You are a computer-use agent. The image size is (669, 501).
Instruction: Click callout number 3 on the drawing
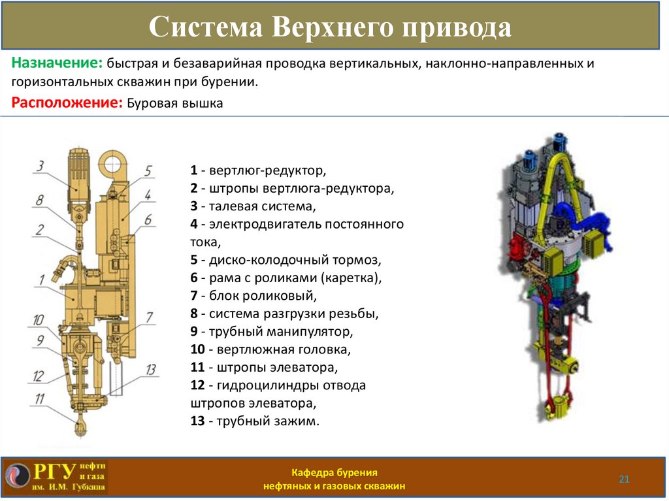pyautogui.click(x=40, y=166)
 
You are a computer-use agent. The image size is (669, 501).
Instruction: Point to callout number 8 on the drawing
pyautogui.click(x=40, y=200)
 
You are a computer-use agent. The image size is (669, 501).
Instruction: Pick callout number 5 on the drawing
pyautogui.click(x=148, y=171)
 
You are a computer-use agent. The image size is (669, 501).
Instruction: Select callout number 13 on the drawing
pyautogui.click(x=151, y=370)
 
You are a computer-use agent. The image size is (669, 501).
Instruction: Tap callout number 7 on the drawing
pyautogui.click(x=150, y=318)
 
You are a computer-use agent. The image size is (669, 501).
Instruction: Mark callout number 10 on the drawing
pyautogui.click(x=39, y=320)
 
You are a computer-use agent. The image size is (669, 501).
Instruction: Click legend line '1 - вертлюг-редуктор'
pyautogui.click(x=258, y=171)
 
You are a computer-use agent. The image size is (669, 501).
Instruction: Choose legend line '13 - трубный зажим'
pyautogui.click(x=255, y=421)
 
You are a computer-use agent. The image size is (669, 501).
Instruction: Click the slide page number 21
pyautogui.click(x=624, y=480)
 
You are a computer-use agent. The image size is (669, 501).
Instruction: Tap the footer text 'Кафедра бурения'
pyautogui.click(x=334, y=472)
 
